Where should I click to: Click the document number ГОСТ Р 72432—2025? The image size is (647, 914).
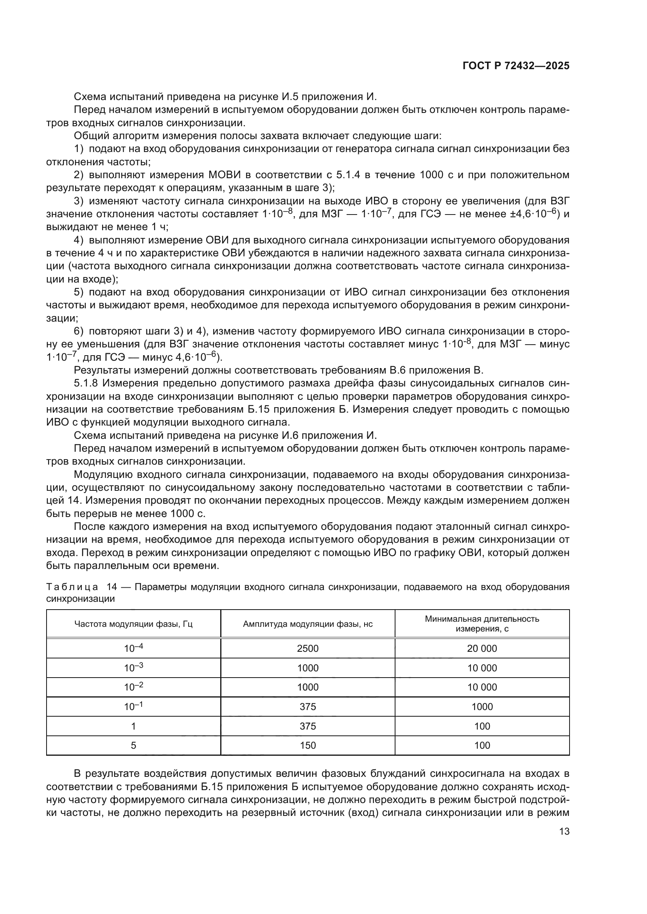coord(516,66)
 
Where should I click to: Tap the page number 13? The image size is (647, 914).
coord(564,832)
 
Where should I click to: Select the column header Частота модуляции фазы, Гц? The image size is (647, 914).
coord(133,624)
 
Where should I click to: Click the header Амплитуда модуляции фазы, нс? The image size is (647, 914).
coord(307,624)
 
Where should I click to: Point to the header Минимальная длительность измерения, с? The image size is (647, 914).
coord(482,624)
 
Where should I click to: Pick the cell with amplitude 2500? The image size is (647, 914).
coord(307,649)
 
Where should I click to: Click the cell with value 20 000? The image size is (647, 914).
coord(482,649)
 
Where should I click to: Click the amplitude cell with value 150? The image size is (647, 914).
coord(307,745)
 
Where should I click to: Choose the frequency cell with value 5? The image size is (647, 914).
coord(133,745)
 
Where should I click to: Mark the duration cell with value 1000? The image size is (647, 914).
coord(482,707)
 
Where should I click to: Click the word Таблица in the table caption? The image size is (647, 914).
coord(72,587)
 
